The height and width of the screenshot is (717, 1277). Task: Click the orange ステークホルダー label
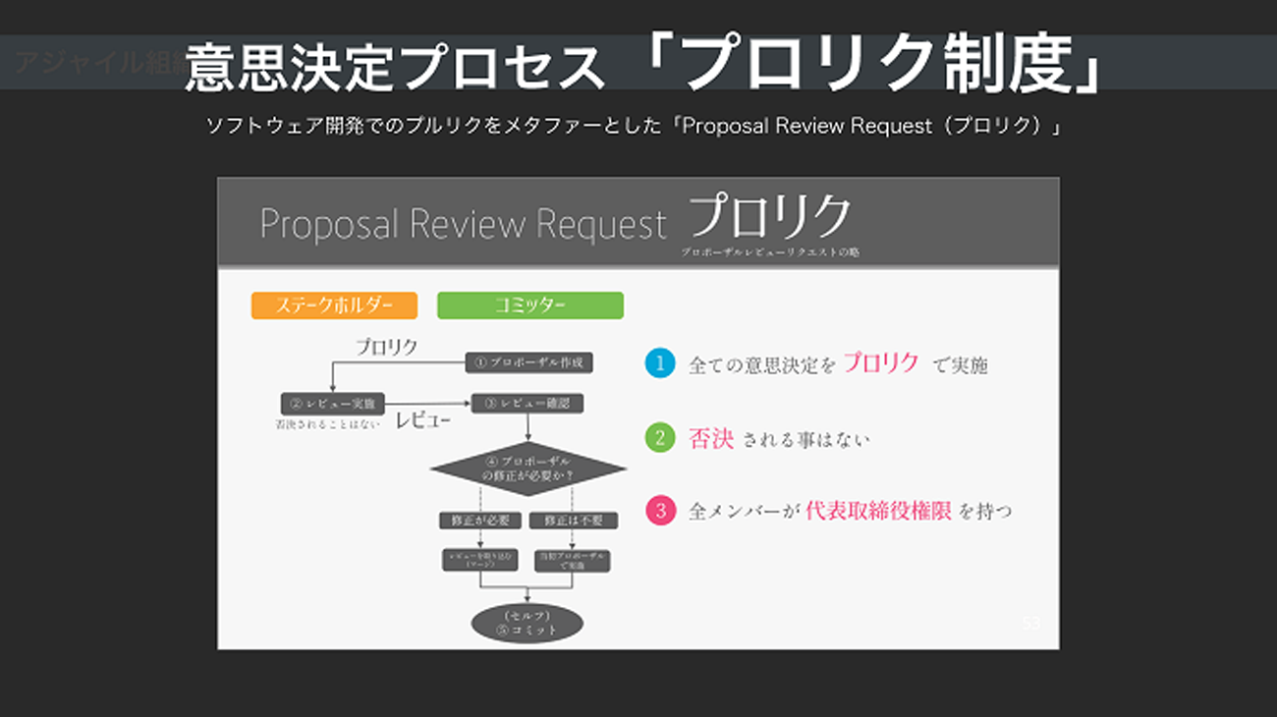(x=334, y=305)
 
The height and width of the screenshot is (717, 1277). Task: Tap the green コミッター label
(x=529, y=305)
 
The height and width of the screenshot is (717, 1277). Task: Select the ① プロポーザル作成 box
(x=528, y=362)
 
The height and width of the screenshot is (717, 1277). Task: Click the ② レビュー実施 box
(x=332, y=404)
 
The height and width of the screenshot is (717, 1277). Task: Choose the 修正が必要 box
(x=479, y=521)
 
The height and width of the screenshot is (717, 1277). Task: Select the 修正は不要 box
(x=573, y=521)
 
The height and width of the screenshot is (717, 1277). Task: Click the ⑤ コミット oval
(x=527, y=623)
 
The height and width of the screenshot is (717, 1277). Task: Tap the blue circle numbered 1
(x=660, y=363)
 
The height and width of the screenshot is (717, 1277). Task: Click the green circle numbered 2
(x=660, y=437)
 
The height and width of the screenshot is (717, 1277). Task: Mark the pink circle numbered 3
(x=660, y=511)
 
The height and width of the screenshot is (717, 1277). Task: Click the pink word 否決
(x=711, y=439)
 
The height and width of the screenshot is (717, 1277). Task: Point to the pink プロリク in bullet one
(x=880, y=363)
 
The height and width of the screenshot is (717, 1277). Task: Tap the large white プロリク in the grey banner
(x=769, y=218)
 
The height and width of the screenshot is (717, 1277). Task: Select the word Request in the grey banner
(x=603, y=225)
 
